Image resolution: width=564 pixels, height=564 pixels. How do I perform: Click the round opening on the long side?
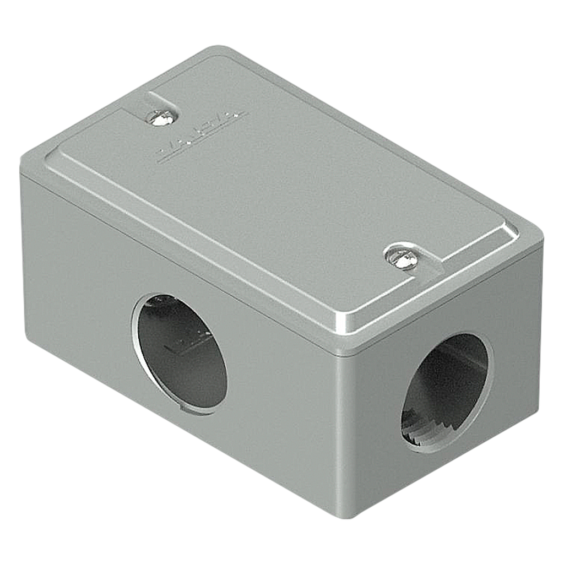[180, 351]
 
